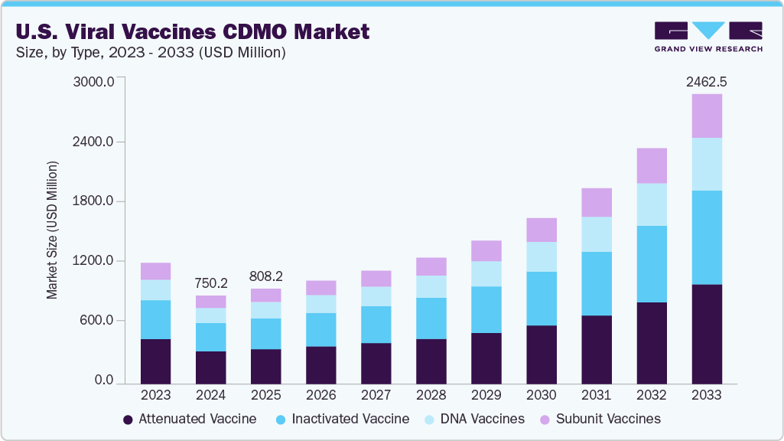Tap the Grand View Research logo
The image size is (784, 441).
pyautogui.click(x=708, y=37)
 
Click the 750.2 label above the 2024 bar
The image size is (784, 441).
pyautogui.click(x=210, y=283)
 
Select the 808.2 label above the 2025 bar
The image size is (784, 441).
pyautogui.click(x=265, y=276)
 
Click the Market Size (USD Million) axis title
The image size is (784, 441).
pyautogui.click(x=52, y=230)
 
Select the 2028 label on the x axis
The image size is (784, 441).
pyautogui.click(x=431, y=395)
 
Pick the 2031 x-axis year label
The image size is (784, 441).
pyautogui.click(x=596, y=395)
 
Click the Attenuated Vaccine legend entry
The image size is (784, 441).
pyautogui.click(x=190, y=419)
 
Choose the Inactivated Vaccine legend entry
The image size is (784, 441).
pyautogui.click(x=342, y=419)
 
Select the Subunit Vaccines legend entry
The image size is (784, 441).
pyautogui.click(x=600, y=419)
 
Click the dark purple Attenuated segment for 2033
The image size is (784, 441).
pyautogui.click(x=707, y=334)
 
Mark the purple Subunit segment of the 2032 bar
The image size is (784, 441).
pyautogui.click(x=652, y=165)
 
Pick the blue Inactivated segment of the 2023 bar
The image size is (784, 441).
pyautogui.click(x=155, y=320)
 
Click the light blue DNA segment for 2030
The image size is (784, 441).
pyautogui.click(x=542, y=256)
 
